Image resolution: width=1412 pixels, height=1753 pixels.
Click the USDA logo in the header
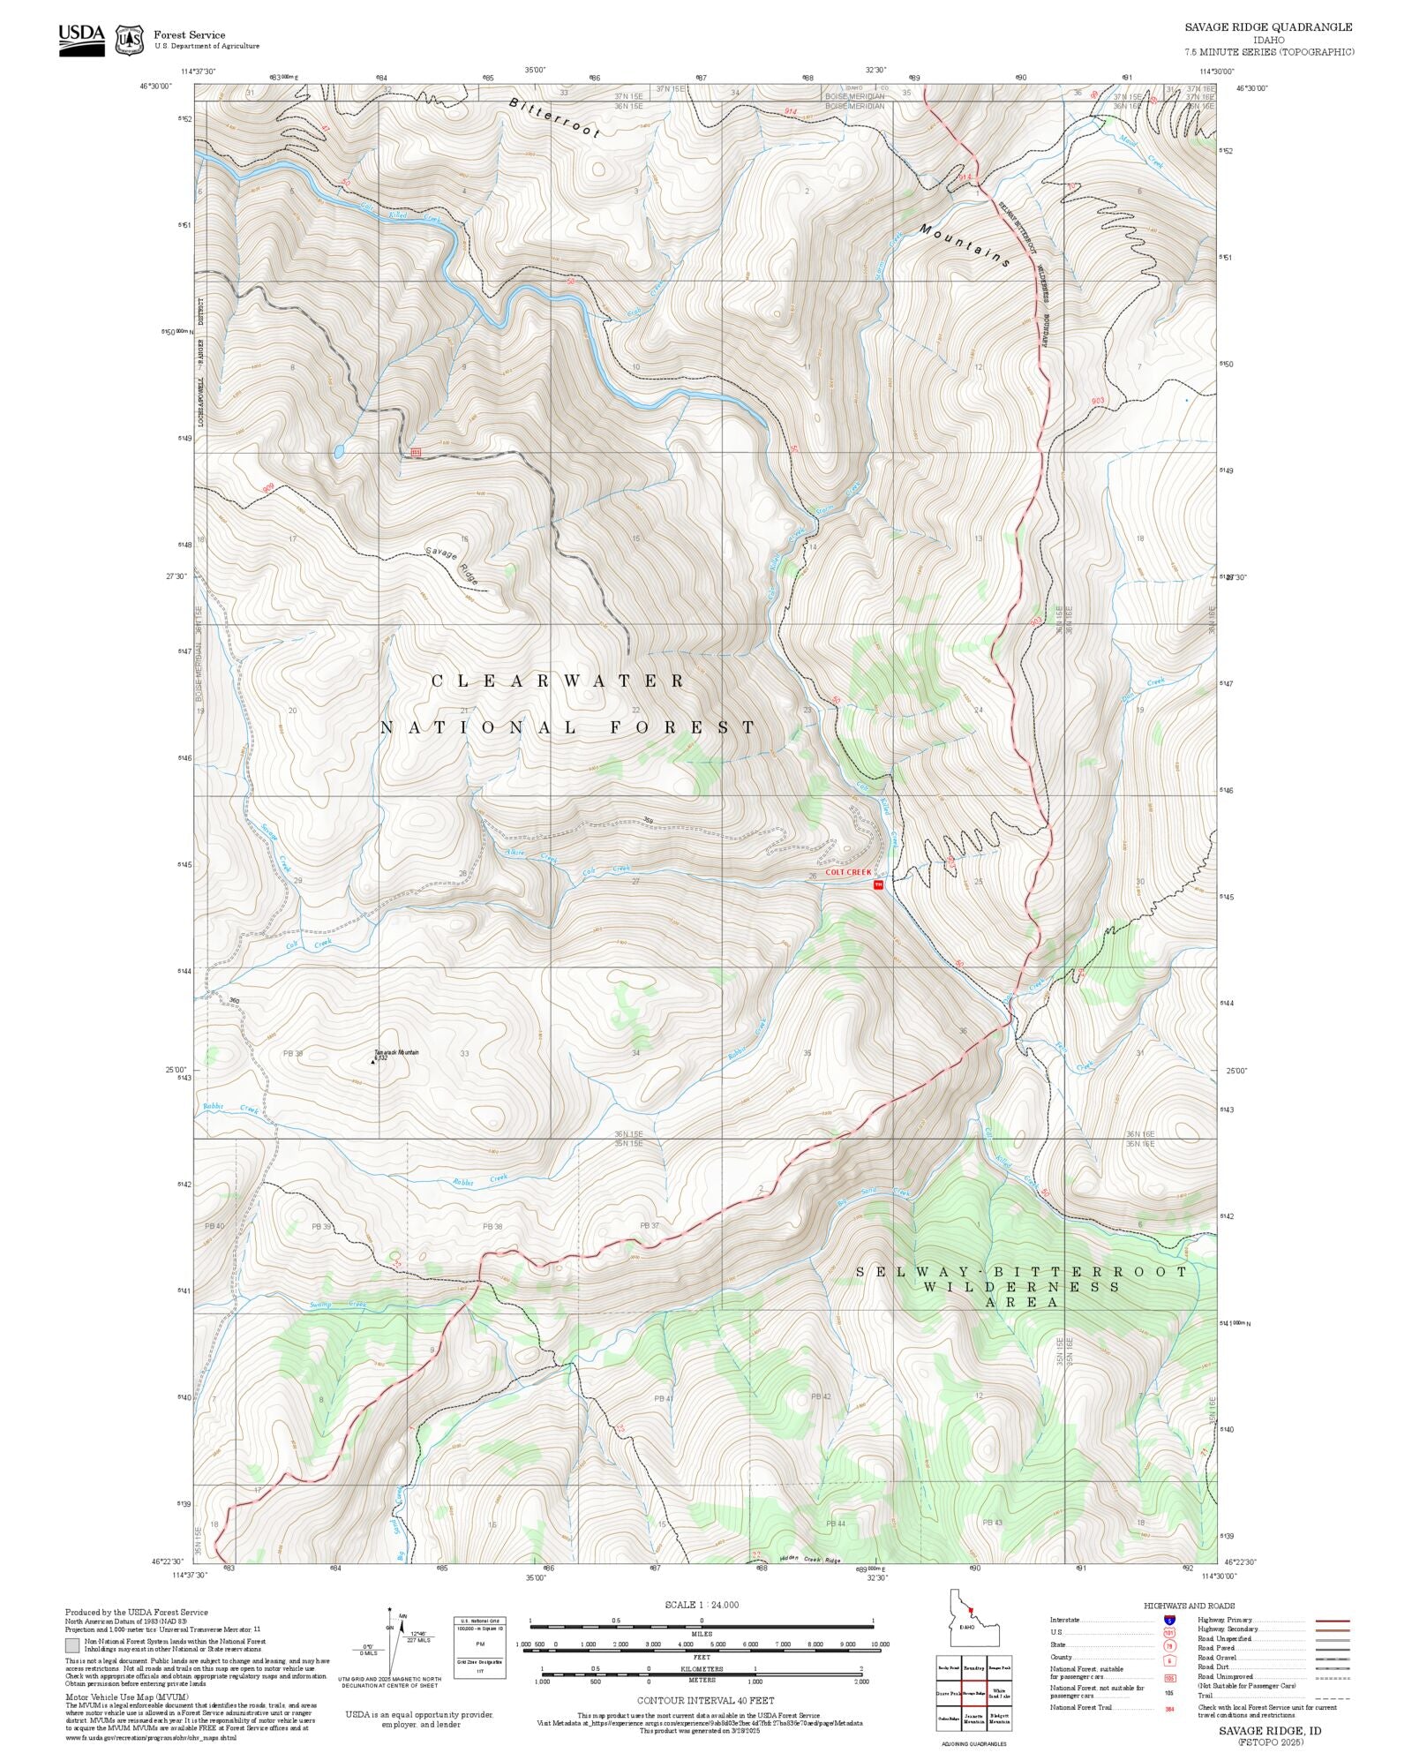point(81,40)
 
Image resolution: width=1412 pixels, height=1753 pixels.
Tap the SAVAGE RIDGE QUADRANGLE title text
point(1268,26)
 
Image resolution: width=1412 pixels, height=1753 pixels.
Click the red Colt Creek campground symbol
point(877,884)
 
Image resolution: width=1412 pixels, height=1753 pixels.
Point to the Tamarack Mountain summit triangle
point(372,1061)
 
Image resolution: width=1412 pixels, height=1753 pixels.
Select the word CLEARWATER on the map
point(558,681)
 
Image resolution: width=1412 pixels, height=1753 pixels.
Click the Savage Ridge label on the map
point(453,566)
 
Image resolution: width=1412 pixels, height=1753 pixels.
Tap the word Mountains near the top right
point(964,245)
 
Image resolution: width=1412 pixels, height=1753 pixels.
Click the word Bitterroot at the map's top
point(553,117)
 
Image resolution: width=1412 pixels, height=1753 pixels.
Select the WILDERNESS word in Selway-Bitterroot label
point(1021,1287)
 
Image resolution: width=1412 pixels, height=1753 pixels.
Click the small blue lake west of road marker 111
point(338,452)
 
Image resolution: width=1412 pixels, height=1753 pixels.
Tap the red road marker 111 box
point(416,453)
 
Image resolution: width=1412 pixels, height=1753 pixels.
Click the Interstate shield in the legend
point(1169,1621)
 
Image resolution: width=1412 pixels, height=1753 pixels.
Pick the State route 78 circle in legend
point(1169,1645)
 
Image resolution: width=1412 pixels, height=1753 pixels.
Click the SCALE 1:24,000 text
point(702,1605)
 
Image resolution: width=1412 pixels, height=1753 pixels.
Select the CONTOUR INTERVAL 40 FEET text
point(705,1699)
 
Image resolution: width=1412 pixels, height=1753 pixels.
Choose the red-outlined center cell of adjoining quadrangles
point(973,1694)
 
